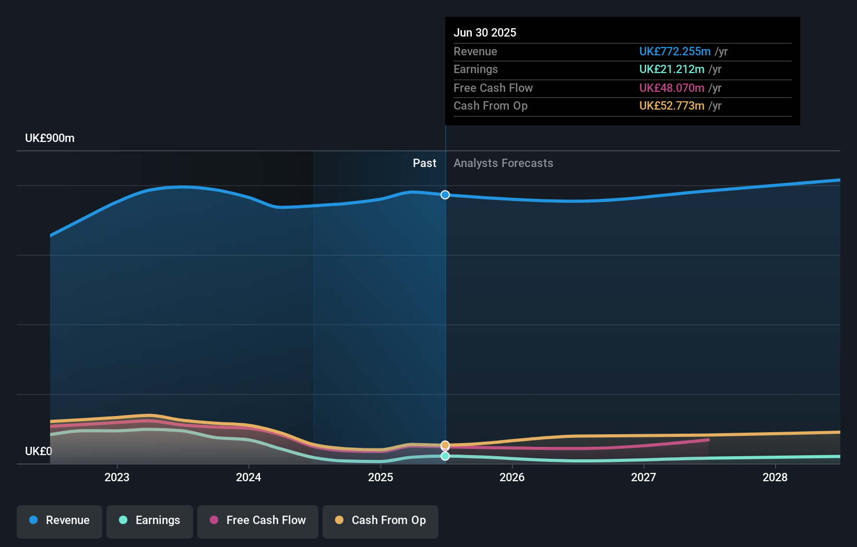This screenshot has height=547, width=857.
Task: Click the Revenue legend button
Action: tap(59, 520)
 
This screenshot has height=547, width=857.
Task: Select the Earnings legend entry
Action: tap(150, 520)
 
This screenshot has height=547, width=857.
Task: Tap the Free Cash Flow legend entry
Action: tap(258, 520)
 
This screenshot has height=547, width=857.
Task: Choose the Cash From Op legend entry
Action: tap(380, 520)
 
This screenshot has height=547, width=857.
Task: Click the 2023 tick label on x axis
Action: tap(117, 477)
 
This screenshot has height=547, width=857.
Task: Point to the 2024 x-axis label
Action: tap(248, 477)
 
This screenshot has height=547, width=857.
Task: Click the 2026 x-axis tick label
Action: tap(512, 477)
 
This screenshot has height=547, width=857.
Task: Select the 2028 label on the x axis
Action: tap(775, 477)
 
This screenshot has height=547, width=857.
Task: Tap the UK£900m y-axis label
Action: tap(50, 138)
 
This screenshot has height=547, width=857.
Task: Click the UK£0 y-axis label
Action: tap(39, 451)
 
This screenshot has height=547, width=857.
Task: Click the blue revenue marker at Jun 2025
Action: tap(445, 195)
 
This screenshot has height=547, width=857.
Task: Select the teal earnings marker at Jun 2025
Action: tap(445, 456)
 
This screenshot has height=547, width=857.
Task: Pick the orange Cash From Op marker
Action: tap(445, 445)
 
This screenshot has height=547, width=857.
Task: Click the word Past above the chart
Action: tap(424, 163)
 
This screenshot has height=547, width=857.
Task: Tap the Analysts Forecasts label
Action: tap(503, 163)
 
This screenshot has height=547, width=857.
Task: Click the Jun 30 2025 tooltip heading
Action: tap(485, 33)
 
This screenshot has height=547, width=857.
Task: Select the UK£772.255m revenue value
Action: tap(675, 52)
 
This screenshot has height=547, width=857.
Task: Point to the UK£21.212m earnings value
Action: tap(672, 69)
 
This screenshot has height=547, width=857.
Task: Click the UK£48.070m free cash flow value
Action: tap(672, 88)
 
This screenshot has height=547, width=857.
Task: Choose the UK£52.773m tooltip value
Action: tap(672, 106)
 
